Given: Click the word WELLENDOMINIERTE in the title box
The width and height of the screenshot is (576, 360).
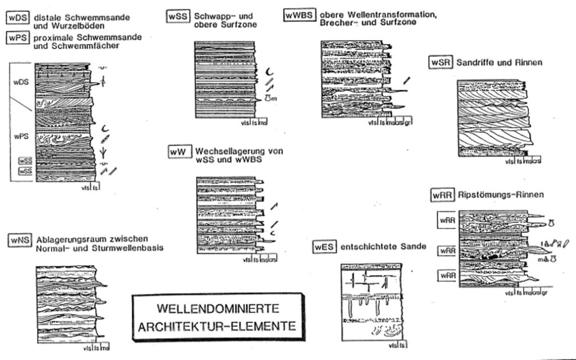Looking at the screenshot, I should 218,309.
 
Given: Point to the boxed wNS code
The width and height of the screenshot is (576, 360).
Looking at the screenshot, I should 19,240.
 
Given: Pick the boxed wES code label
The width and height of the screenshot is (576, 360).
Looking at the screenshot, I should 325,247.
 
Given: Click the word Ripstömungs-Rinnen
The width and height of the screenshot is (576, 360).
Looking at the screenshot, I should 501,195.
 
